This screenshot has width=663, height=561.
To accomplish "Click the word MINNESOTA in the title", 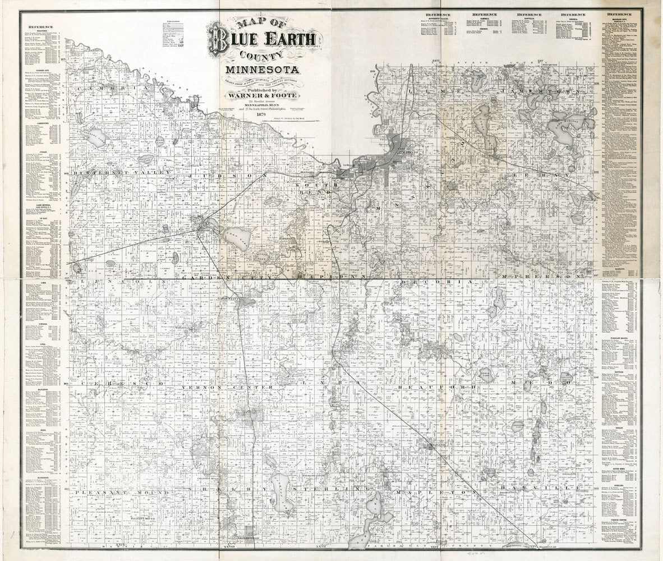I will (x=262, y=70).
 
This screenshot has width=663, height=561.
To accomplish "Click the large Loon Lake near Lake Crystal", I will (x=237, y=237).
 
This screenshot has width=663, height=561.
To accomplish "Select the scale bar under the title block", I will (x=296, y=120).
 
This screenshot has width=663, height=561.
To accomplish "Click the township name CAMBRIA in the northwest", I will (x=112, y=89).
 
